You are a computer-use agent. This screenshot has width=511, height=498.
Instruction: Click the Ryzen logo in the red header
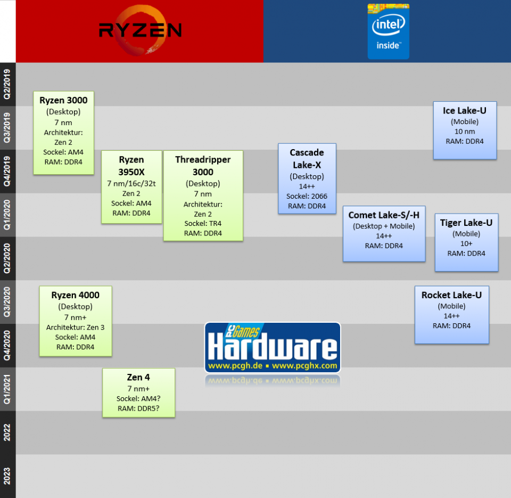pos(140,30)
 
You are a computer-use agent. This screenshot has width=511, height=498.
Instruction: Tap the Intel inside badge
pos(388,31)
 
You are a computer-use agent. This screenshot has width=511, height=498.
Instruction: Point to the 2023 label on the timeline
pos(7,475)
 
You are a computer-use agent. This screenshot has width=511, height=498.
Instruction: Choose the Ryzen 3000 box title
pos(63,100)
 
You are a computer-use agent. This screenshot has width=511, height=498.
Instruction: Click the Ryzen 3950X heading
pos(131,165)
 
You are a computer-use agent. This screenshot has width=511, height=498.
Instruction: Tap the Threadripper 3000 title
pos(203,165)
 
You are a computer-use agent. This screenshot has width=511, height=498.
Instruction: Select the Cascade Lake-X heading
pos(307,159)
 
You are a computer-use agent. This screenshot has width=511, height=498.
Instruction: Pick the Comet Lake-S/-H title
pos(384,215)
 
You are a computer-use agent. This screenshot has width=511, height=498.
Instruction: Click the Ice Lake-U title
pos(465,111)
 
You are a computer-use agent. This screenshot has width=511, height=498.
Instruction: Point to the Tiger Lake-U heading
pos(466,223)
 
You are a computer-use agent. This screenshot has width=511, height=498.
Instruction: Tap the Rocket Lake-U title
pos(451,295)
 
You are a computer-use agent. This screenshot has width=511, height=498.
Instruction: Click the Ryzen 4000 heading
pos(75,295)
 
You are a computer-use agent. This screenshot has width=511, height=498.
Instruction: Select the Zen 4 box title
pos(138,378)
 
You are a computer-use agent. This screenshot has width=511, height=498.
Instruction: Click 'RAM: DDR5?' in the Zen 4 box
pos(138,409)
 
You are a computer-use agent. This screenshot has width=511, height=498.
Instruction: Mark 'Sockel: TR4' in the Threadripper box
pos(203,223)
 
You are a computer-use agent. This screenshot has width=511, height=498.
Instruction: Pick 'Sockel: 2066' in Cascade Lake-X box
pos(307,196)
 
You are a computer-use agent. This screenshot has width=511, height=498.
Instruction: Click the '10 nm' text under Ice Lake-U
pos(465,131)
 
